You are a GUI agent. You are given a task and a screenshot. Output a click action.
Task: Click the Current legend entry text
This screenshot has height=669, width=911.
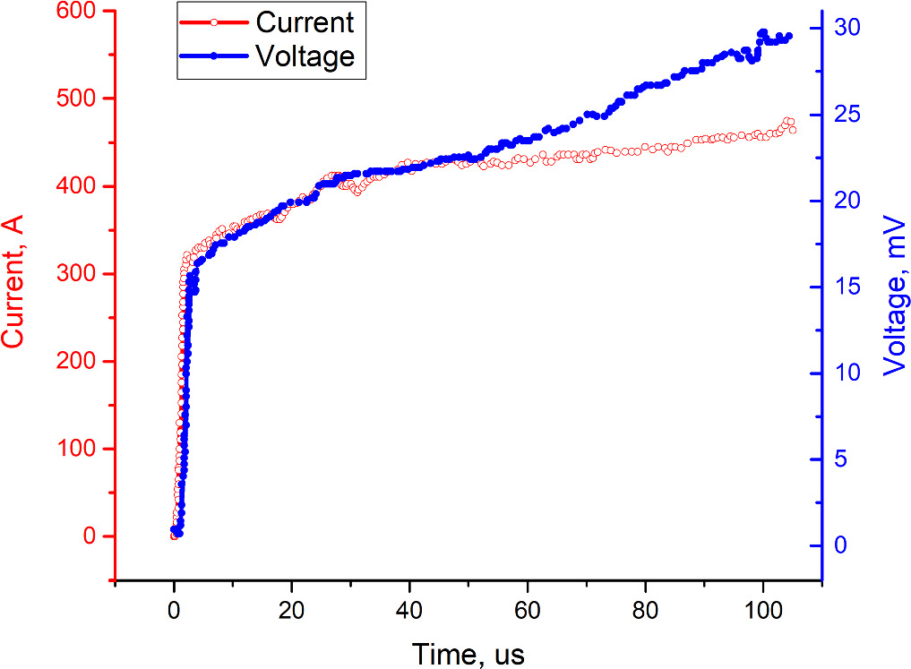[x=305, y=21]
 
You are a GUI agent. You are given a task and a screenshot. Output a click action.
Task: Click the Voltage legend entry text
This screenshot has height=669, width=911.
[x=305, y=56]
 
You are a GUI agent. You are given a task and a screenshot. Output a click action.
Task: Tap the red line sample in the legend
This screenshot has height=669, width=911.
[x=213, y=21]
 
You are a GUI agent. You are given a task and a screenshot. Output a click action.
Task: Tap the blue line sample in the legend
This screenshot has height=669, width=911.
[x=213, y=56]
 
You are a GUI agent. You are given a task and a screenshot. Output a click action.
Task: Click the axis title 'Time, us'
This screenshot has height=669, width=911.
[x=468, y=652]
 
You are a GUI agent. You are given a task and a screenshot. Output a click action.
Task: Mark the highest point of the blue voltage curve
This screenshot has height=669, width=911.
[x=762, y=32]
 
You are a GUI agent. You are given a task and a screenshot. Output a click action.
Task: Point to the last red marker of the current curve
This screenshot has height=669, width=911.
[x=792, y=130]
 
